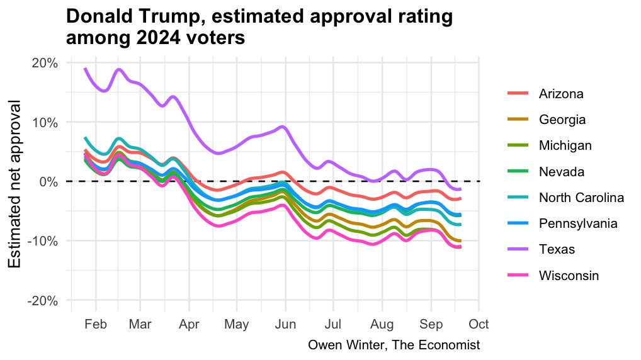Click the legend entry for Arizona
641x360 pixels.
click(x=561, y=94)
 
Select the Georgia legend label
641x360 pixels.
click(x=562, y=120)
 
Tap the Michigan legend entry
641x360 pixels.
click(x=565, y=145)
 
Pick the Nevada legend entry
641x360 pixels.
click(x=561, y=172)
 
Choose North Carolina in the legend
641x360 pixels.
click(x=581, y=198)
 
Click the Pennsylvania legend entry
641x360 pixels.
click(x=574, y=223)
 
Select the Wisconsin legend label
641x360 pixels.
click(x=569, y=276)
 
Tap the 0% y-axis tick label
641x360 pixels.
click(x=50, y=182)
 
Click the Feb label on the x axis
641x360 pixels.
click(x=96, y=325)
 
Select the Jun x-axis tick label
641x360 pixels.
click(x=285, y=325)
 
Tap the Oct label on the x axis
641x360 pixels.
click(x=479, y=325)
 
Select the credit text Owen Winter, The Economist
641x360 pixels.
click(x=394, y=345)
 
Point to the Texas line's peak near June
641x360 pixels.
click(x=283, y=127)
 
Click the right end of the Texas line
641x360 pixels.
click(x=460, y=189)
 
